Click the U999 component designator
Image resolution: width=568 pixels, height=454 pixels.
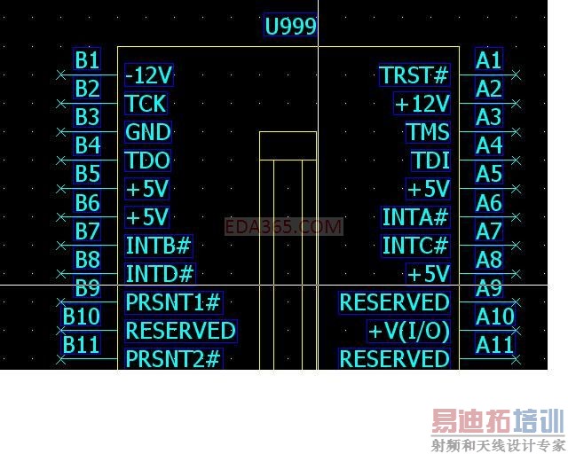point(290,26)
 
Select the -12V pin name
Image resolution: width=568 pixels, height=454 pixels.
point(149,74)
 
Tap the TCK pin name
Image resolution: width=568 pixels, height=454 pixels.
point(146,104)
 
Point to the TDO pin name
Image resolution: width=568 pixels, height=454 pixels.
point(147,160)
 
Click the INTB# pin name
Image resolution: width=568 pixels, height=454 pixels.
point(159,246)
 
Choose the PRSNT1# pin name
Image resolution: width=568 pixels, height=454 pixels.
point(173,302)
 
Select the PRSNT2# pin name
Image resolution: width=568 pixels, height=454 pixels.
point(173,359)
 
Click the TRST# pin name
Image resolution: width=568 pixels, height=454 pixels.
point(414,75)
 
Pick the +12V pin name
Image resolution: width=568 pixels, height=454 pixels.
point(422,104)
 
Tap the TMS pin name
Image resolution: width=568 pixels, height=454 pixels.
point(428,132)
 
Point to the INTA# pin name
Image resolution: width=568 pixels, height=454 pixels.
point(415,217)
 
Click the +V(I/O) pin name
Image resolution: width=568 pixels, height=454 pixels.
point(409,331)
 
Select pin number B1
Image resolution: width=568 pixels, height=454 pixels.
point(87,59)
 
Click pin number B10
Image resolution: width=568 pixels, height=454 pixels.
point(82,317)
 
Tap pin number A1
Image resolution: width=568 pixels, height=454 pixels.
point(489,59)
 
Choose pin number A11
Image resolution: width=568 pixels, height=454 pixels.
point(494,344)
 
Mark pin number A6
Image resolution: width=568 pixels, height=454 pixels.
point(489,202)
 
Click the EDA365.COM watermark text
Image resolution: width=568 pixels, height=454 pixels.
point(283,227)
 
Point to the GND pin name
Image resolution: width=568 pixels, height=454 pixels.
point(147,132)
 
